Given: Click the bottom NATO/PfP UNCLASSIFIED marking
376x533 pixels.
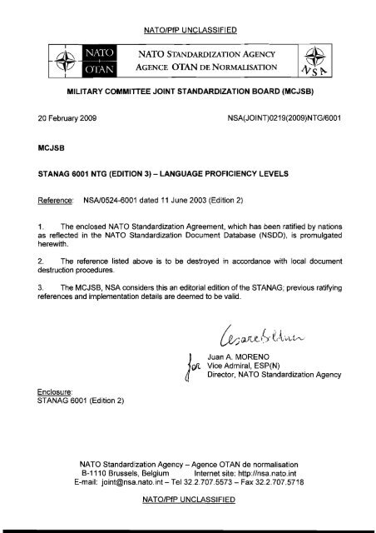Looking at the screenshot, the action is coord(188,499).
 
